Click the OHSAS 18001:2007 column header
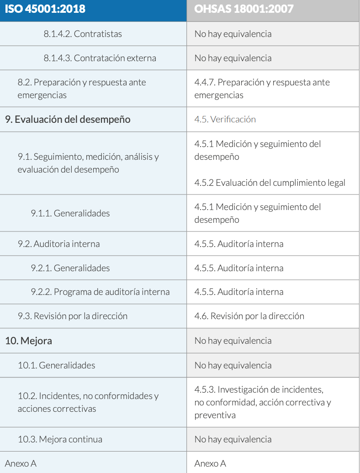[244, 9]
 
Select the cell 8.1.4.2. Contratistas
[83, 34]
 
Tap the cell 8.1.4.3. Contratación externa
[100, 58]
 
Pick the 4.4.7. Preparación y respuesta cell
[262, 89]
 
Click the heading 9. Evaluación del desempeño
[68, 119]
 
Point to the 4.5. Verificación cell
[225, 119]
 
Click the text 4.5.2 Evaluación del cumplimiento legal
[270, 183]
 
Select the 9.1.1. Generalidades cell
[70, 213]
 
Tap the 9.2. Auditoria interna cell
[58, 244]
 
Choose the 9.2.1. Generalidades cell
[70, 268]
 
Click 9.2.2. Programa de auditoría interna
[100, 292]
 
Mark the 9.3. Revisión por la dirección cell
[72, 316]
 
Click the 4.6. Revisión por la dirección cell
[249, 316]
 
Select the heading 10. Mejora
[28, 341]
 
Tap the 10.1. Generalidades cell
[57, 365]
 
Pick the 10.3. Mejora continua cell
[60, 439]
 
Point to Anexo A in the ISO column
[21, 463]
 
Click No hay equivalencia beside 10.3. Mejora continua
[233, 439]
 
